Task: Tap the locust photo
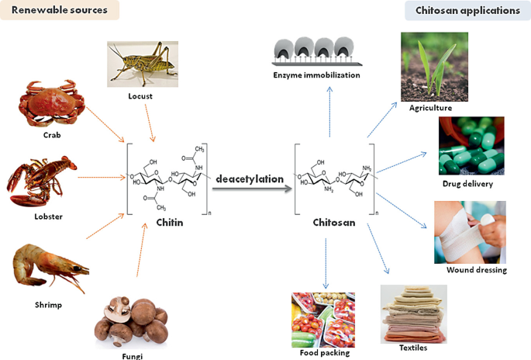pos(142,64)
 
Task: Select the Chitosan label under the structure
pos(335,223)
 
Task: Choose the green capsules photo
pos(471,146)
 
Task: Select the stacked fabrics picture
pos(413,313)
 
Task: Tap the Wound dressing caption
pos(476,270)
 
